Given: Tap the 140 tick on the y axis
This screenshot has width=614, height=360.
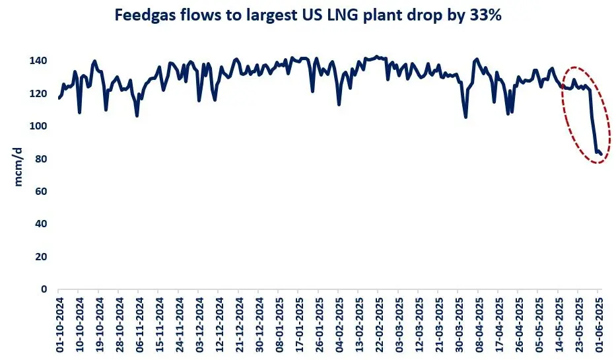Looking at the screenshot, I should point(41,61).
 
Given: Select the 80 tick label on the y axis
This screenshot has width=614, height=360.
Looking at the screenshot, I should point(44,159).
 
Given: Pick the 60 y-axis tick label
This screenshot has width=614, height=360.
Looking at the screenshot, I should point(44,192).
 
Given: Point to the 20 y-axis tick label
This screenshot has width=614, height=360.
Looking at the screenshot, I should point(44,257).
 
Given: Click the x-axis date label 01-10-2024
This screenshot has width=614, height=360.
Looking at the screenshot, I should point(59,324).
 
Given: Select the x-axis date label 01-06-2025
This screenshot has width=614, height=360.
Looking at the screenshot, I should point(599,324).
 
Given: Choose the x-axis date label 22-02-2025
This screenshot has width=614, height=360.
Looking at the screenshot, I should point(378,324).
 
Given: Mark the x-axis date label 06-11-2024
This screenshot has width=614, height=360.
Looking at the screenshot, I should point(139,324).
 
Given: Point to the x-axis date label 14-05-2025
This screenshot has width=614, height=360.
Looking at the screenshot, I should point(559,324).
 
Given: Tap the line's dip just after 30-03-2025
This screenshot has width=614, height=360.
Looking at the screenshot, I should point(466,117).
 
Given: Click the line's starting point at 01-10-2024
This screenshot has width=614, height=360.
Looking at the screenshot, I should point(59,98).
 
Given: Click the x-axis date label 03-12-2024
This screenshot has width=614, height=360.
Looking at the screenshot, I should point(199,324).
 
